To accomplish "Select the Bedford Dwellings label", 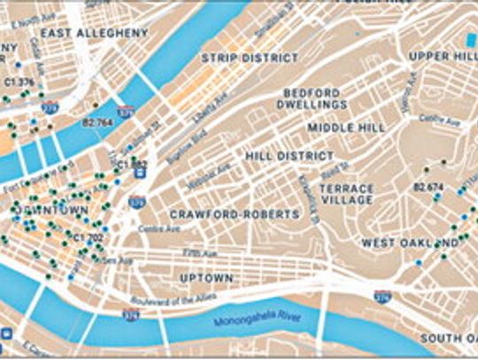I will pos(314,98).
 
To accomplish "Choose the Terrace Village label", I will pos(347,195).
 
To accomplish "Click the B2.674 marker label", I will pos(428,187).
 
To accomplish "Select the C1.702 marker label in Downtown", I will pos(89,237).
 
